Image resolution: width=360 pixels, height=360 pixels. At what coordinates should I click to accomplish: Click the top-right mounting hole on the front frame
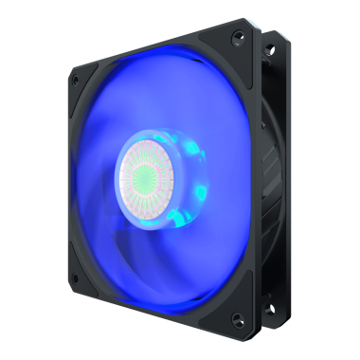pos(238,36)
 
